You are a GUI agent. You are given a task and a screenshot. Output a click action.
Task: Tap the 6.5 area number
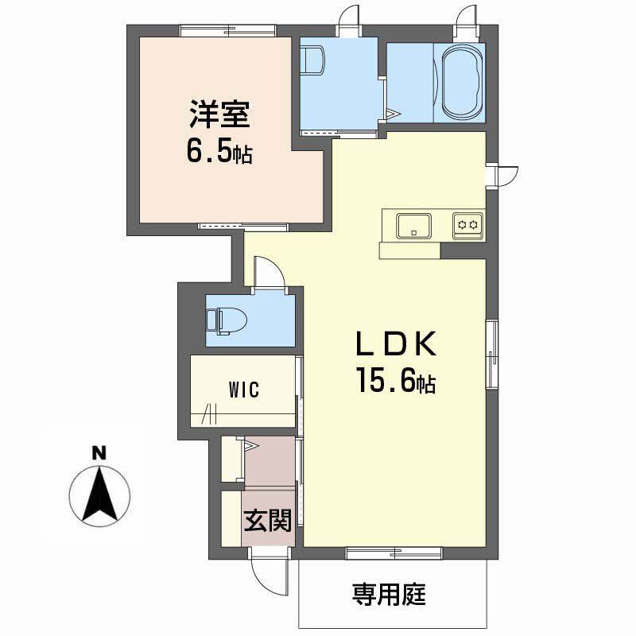point(210,150)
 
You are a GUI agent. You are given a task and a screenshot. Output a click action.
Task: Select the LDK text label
point(396,344)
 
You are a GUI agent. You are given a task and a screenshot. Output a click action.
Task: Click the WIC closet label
point(244,390)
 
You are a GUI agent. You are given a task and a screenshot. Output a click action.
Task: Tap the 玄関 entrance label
point(268,521)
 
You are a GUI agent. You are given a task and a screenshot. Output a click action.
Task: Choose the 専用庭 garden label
point(389,595)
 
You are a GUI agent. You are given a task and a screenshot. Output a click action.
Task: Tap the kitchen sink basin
point(413,226)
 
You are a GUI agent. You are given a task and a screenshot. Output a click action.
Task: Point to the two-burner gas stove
point(467,225)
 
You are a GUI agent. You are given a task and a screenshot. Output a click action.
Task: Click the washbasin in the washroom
point(312,61)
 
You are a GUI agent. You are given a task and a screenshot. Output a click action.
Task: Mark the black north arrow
point(99,494)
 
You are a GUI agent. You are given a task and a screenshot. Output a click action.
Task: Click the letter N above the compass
point(99,452)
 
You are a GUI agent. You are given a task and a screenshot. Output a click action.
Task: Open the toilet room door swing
point(269,271)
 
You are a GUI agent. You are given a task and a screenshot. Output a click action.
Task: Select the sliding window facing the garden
point(394,553)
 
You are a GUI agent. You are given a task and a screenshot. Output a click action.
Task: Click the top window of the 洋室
point(228,31)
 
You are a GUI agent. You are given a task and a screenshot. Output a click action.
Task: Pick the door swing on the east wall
point(507,176)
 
